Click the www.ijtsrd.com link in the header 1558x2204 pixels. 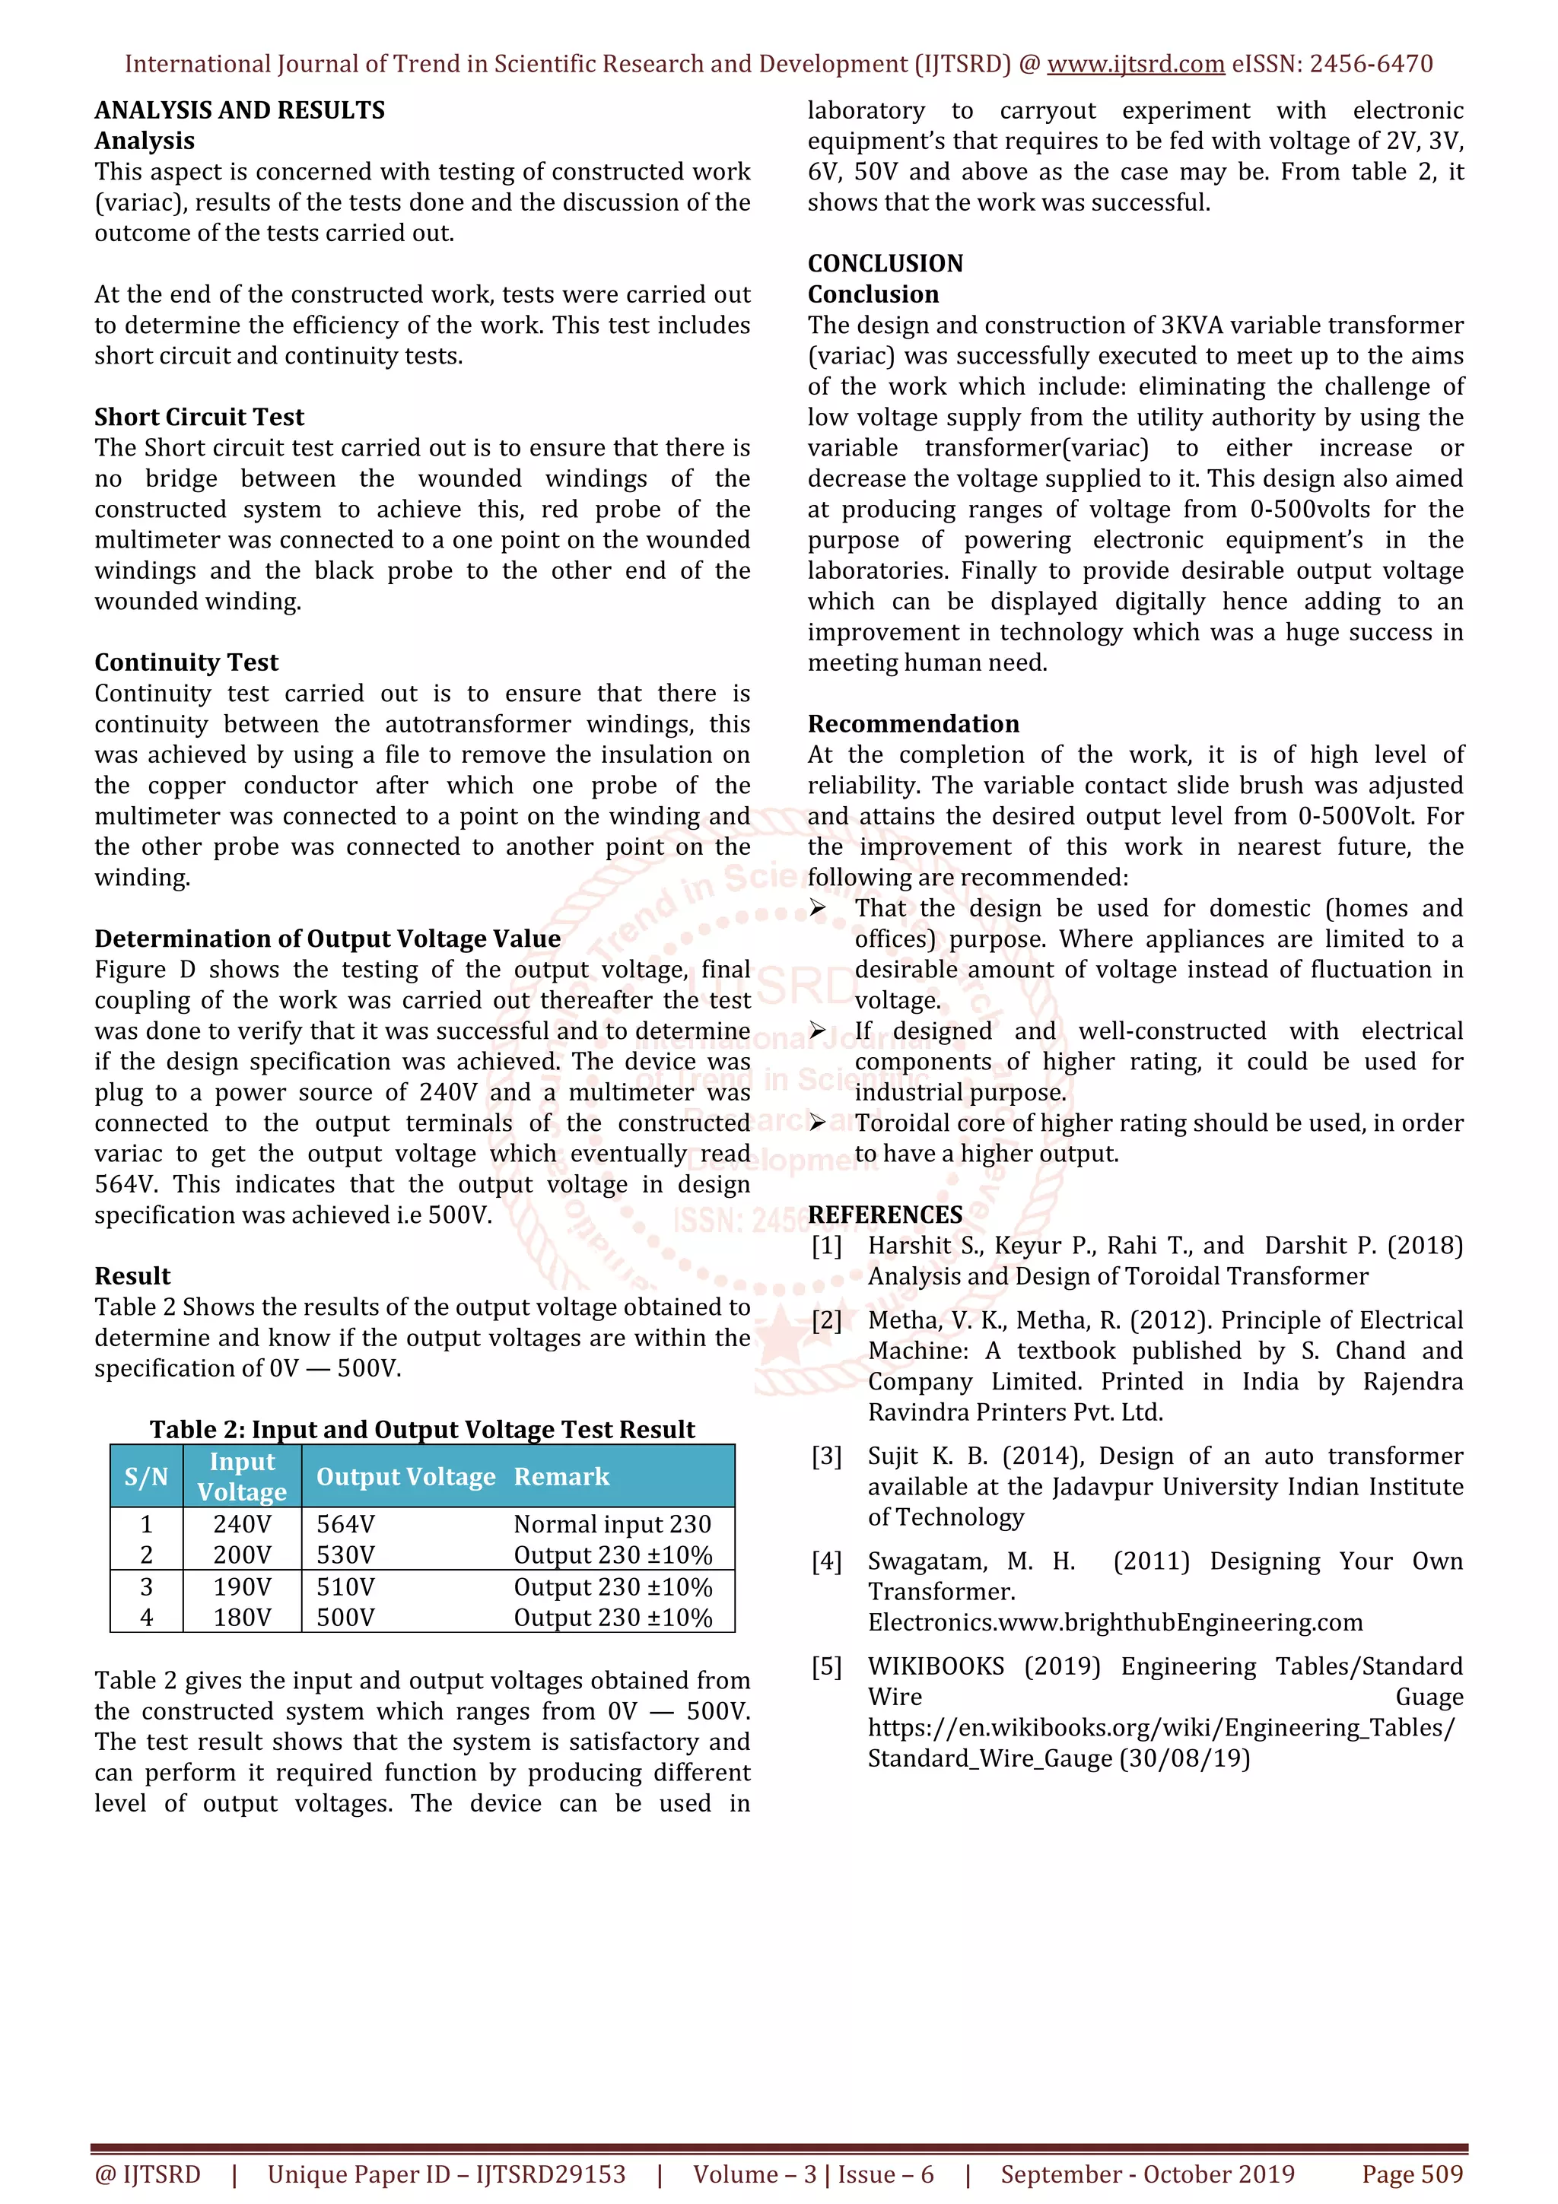[1135, 65]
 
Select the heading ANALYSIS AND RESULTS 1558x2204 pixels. [239, 110]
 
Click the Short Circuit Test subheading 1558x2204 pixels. [199, 417]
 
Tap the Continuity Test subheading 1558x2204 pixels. [186, 662]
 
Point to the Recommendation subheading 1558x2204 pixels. [913, 724]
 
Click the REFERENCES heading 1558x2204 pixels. [884, 1215]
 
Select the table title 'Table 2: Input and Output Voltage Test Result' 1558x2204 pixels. [421, 1429]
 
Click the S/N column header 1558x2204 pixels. [146, 1476]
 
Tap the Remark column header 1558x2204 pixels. [561, 1476]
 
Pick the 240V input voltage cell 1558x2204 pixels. [242, 1524]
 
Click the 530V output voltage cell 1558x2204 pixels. [345, 1555]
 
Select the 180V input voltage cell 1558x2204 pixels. [242, 1618]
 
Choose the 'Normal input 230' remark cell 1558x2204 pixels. [612, 1524]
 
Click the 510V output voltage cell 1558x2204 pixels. [345, 1586]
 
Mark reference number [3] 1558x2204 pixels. [826, 1456]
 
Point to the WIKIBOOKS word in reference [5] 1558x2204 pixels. [935, 1666]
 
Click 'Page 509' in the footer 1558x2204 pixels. [1412, 2174]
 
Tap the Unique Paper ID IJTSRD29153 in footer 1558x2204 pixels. [447, 2174]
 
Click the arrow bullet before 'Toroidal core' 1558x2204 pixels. [817, 1123]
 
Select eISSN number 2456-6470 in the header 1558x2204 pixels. [1371, 65]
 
